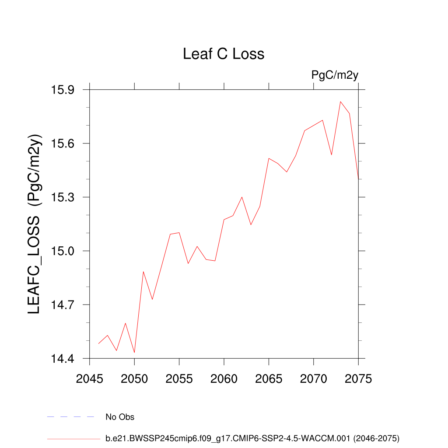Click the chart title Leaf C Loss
click(224, 54)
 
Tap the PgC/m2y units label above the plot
click(335, 75)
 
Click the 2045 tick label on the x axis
click(90, 379)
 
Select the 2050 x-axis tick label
click(134, 379)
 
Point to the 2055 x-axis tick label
click(179, 379)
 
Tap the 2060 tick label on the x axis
click(224, 379)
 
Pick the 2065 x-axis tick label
click(269, 379)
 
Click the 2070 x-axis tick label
click(314, 379)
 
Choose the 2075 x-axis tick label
click(358, 379)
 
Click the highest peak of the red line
click(340, 101)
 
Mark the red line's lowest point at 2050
click(134, 352)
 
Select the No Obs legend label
click(120, 417)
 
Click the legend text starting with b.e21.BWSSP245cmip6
click(252, 438)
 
